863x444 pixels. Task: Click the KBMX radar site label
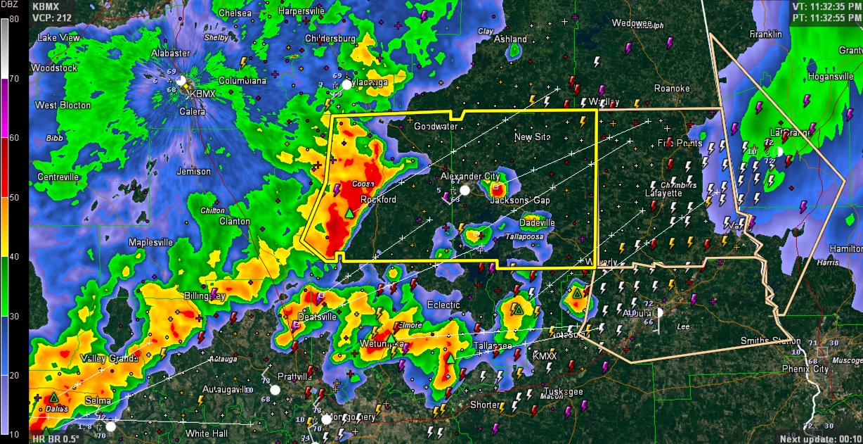(202, 94)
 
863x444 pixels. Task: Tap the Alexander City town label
(470, 176)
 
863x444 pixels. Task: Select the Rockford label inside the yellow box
(378, 200)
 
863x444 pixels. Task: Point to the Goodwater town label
(436, 127)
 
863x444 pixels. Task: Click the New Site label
(532, 137)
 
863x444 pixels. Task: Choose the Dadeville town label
(537, 223)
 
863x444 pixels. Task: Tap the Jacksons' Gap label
(520, 201)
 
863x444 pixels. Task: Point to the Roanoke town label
(672, 89)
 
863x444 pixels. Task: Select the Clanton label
(234, 221)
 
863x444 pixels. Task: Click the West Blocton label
(63, 106)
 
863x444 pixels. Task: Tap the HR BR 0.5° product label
(56, 439)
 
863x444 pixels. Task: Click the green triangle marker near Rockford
(349, 213)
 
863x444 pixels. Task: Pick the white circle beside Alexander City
(465, 190)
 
